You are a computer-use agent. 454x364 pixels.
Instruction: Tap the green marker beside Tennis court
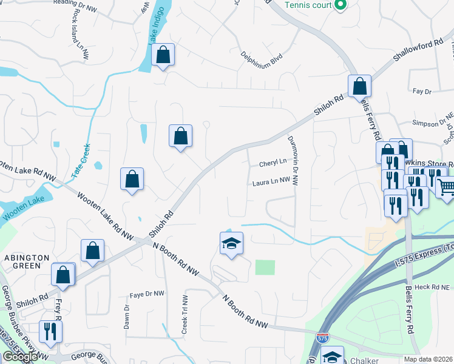[340, 5]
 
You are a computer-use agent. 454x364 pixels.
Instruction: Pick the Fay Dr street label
[421, 92]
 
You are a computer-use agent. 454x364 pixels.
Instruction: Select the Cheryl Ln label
[273, 163]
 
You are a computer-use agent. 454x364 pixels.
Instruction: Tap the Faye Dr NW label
[147, 294]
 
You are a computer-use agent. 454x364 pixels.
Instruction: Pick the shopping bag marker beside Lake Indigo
[163, 55]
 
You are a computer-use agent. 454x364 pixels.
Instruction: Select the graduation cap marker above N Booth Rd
[231, 244]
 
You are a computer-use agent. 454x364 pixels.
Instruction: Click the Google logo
[19, 356]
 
